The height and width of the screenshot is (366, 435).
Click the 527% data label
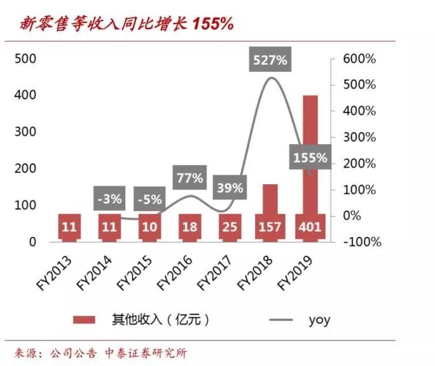[x=271, y=61]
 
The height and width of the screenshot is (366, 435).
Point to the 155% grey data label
[x=310, y=157]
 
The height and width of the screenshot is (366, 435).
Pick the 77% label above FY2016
[x=190, y=177]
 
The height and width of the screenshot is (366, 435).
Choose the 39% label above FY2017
[x=230, y=187]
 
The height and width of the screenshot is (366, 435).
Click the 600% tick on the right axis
[x=359, y=58]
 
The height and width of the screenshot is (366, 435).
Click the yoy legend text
[x=319, y=320]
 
